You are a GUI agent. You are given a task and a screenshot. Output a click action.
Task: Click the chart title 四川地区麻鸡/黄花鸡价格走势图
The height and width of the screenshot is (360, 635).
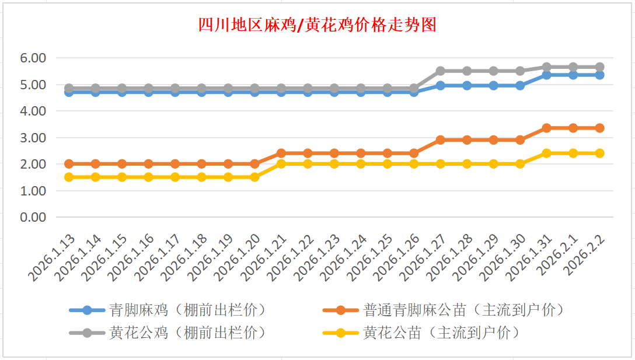coord(317,25)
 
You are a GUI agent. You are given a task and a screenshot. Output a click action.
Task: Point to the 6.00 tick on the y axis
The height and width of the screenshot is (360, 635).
coord(33,58)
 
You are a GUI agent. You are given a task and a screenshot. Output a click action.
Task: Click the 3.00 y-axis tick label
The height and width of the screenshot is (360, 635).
coord(33,138)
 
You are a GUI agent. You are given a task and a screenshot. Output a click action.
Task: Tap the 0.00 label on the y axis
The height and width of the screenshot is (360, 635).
coord(33,217)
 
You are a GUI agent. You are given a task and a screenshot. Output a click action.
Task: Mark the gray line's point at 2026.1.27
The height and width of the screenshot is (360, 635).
coord(441,71)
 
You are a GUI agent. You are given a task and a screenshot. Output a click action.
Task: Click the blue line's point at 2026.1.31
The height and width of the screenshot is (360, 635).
coord(547,75)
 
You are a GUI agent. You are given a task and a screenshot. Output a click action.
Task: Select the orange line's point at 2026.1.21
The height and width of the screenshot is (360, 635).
coord(281,153)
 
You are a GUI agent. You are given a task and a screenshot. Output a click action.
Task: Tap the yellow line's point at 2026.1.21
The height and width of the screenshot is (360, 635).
coord(281,164)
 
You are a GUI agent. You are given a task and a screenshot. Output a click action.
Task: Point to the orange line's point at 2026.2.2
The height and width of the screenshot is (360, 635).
coord(599,128)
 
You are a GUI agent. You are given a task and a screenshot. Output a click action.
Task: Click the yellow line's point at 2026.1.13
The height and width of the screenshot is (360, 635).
coord(69,177)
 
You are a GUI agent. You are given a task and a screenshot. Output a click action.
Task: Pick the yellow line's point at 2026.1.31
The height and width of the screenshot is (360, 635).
coord(547,153)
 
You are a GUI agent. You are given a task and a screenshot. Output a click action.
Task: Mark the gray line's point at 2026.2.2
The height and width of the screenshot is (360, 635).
coord(599,67)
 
